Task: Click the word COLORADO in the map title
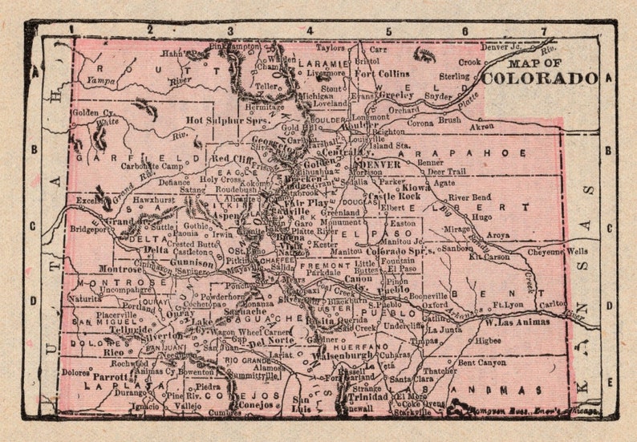pos(540,79)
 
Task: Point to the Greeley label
pos(396,94)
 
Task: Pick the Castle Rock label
pos(394,196)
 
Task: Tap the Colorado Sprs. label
pos(400,251)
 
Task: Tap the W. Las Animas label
pos(517,322)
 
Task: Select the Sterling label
pos(453,76)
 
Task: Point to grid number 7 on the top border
pos(543,30)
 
